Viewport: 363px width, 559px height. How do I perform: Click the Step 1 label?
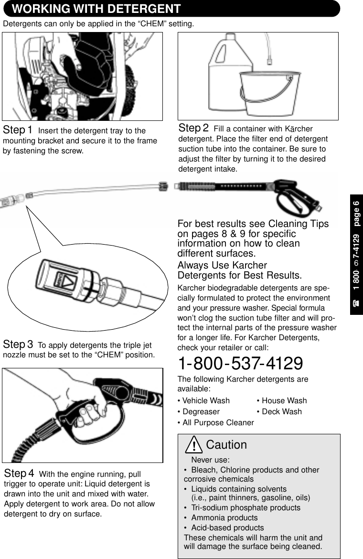(18, 130)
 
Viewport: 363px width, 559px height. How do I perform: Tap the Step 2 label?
(193, 128)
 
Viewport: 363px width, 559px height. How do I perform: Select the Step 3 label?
(18, 344)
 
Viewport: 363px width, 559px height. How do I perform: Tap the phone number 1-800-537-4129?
(240, 364)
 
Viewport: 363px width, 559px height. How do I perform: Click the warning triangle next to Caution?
(194, 445)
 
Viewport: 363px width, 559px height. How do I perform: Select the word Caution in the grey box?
(226, 445)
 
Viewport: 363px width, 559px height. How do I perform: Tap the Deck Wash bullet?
(279, 411)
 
